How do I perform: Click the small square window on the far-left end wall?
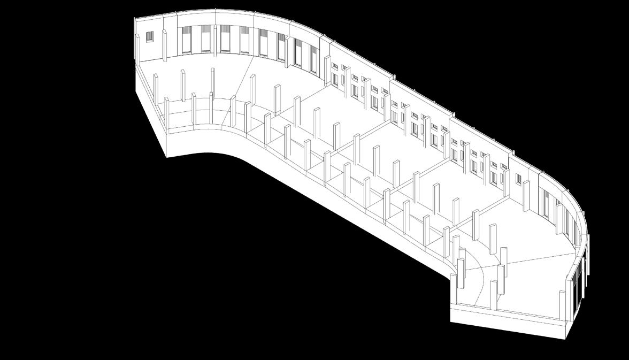click(150, 36)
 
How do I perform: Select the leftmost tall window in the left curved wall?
click(186, 40)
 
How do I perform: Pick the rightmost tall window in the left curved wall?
click(313, 59)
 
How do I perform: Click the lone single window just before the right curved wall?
click(518, 179)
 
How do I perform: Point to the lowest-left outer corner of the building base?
click(166, 156)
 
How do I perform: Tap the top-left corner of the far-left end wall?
click(134, 19)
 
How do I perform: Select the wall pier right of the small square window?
click(164, 45)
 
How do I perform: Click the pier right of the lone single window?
click(526, 195)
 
